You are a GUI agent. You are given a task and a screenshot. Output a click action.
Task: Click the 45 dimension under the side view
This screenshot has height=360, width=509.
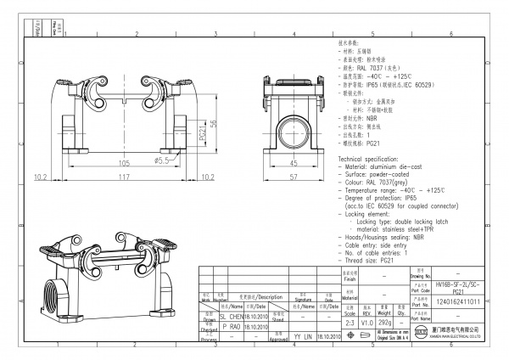(294, 162)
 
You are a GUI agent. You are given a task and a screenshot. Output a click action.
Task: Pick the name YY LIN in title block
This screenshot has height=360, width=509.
(301, 336)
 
